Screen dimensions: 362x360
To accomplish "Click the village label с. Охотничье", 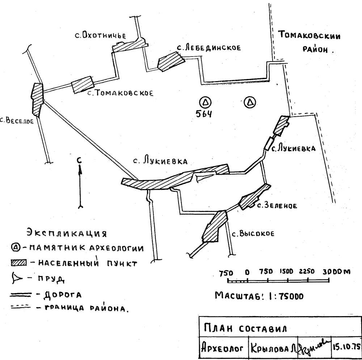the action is pyautogui.click(x=101, y=35).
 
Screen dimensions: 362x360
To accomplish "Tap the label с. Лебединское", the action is pyautogui.click(x=209, y=47).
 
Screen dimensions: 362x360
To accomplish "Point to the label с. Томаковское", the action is pyautogui.click(x=120, y=93).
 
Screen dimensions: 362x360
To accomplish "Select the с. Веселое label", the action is pyautogui.click(x=17, y=121).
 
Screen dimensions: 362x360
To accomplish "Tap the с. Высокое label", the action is pyautogui.click(x=253, y=234).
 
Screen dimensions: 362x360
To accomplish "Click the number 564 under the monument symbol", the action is pyautogui.click(x=204, y=114).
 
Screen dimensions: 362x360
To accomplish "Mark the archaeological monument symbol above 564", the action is pyautogui.click(x=206, y=102).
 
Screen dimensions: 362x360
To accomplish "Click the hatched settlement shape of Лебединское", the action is pyautogui.click(x=171, y=61).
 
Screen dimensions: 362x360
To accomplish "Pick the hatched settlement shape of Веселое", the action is pyautogui.click(x=37, y=99).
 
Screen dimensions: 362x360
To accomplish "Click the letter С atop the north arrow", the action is pyautogui.click(x=79, y=160).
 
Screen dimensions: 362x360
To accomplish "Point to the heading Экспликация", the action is pyautogui.click(x=67, y=233).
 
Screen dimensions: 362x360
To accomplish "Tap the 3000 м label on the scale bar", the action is pyautogui.click(x=336, y=272).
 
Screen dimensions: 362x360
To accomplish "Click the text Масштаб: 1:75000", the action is pyautogui.click(x=259, y=296).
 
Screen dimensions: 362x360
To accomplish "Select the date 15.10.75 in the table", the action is pyautogui.click(x=346, y=346).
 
